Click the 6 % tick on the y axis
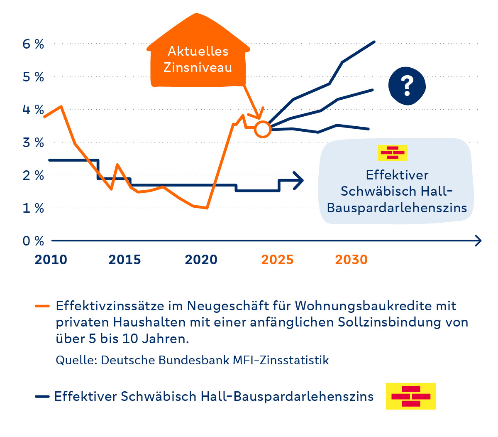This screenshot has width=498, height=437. click(x=33, y=44)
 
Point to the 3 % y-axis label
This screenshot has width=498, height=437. click(x=33, y=142)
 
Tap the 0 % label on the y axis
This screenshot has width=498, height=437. click(x=33, y=241)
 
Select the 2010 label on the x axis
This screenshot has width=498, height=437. click(x=51, y=260)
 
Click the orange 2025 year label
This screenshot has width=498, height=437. click(x=277, y=260)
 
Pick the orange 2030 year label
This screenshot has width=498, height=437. click(x=351, y=260)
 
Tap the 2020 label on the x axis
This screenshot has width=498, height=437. click(x=201, y=260)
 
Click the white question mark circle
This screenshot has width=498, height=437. click(x=407, y=86)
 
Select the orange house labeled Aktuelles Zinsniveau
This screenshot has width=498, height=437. click(x=198, y=54)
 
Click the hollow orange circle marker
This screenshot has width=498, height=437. click(x=263, y=129)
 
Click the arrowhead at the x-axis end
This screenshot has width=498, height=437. click(x=478, y=241)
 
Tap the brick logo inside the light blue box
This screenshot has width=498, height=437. click(x=393, y=152)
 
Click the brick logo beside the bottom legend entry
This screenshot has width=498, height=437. click(x=411, y=396)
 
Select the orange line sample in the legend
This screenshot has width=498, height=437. click(x=42, y=306)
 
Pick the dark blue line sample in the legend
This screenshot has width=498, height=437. click(x=42, y=397)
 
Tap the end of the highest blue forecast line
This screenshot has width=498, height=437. click(x=374, y=42)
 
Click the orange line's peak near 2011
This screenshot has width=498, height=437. click(x=61, y=106)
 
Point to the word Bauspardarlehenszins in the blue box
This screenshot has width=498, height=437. click(x=397, y=207)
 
